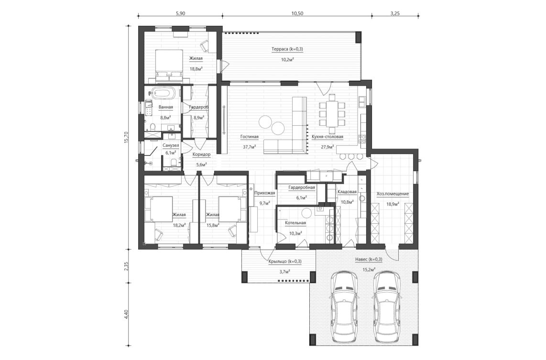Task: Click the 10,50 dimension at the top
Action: [297, 13]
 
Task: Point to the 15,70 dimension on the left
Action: [126, 138]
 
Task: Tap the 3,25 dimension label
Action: [395, 13]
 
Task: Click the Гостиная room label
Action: [249, 137]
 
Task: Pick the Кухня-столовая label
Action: [328, 137]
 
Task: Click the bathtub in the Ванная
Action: [164, 93]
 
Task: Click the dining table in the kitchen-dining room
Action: [331, 113]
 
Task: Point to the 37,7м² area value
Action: [249, 147]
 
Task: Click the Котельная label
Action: [295, 223]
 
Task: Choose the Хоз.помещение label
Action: [393, 194]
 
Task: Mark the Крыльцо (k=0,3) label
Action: [285, 261]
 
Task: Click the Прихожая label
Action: [264, 193]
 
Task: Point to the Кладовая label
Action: [347, 192]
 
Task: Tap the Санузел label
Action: [171, 145]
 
